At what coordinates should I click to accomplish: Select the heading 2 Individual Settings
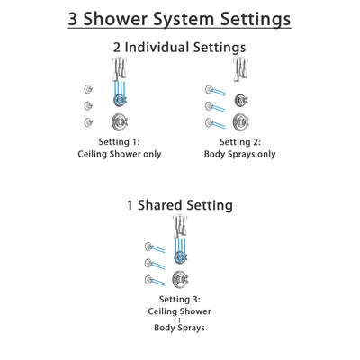tap(180, 47)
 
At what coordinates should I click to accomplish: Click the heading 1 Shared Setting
tap(180, 206)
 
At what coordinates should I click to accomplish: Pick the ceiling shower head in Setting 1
tap(118, 67)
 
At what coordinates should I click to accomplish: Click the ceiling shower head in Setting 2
tap(241, 67)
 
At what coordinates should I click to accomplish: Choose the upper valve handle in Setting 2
tap(241, 99)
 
